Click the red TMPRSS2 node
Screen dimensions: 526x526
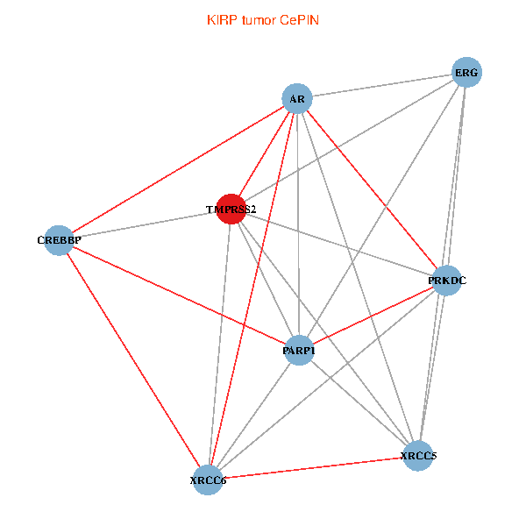(x=231, y=209)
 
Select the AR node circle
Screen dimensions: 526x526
(x=297, y=99)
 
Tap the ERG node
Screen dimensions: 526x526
(x=466, y=73)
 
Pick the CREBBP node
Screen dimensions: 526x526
(x=60, y=239)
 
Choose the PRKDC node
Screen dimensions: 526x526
(x=447, y=281)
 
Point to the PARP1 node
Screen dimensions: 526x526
(x=299, y=350)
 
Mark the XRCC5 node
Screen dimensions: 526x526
(x=418, y=455)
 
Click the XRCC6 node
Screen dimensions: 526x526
(x=209, y=480)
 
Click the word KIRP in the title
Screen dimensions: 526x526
(x=221, y=19)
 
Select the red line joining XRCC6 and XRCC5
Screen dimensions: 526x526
(x=313, y=467)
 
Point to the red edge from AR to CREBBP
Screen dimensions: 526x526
(x=178, y=169)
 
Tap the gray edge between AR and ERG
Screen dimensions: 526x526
(x=381, y=86)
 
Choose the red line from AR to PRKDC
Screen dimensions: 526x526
(x=372, y=189)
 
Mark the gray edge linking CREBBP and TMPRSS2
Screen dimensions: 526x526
(x=145, y=224)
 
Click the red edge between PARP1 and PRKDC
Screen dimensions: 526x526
(x=373, y=316)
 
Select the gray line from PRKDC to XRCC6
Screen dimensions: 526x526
(x=328, y=380)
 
